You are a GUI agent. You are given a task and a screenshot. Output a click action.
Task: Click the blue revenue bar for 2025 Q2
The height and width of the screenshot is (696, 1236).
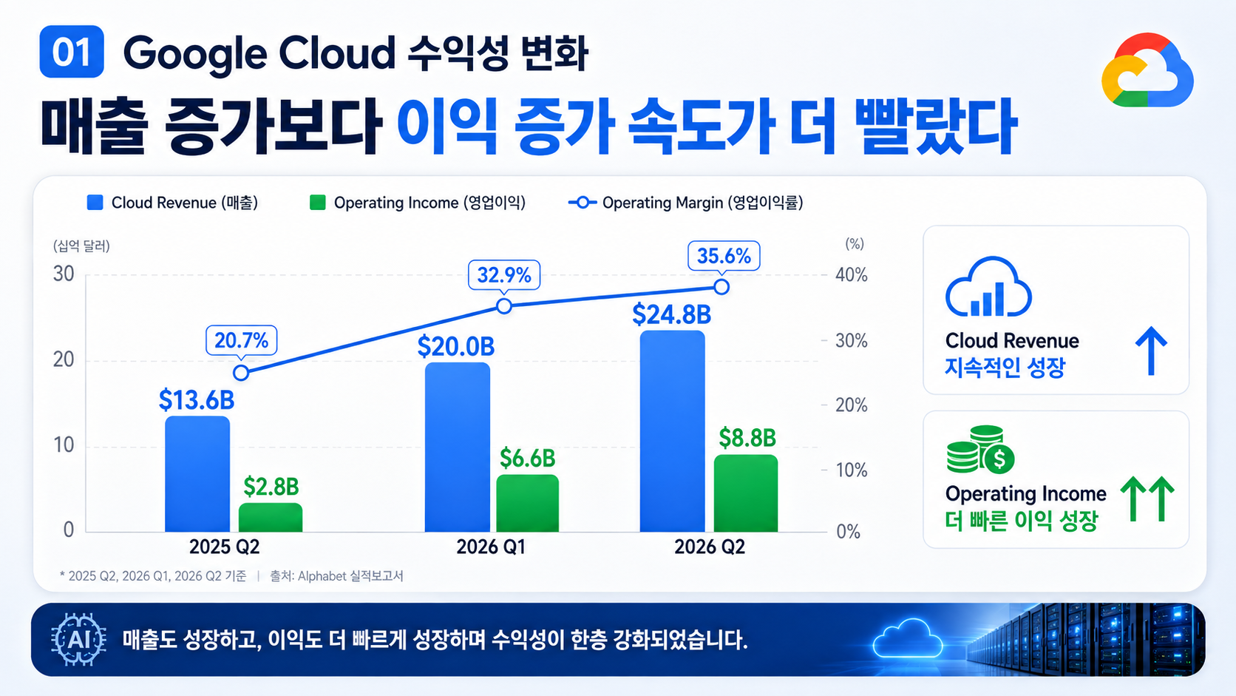197,473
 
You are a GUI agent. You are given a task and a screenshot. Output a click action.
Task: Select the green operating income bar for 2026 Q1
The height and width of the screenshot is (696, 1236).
528,503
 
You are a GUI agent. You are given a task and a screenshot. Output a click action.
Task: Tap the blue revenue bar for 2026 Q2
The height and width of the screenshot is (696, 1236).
672,431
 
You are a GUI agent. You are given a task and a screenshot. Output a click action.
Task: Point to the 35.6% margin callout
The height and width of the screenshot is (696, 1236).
724,256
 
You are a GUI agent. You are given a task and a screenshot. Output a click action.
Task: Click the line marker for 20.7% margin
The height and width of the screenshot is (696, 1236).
241,373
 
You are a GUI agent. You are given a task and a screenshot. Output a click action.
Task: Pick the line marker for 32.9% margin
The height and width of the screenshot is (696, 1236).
503,306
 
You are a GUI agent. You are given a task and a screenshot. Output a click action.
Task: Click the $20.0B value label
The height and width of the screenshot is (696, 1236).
456,347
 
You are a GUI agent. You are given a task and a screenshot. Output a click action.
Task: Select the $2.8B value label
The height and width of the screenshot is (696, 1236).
271,487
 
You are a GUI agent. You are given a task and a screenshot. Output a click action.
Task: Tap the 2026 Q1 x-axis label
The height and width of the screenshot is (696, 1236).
491,547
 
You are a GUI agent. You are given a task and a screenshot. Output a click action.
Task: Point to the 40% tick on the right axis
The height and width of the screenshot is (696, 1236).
852,275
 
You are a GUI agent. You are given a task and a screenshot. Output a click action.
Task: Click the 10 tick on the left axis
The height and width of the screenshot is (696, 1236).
64,445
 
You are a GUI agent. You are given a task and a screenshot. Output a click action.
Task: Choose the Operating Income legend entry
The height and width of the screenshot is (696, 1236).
418,203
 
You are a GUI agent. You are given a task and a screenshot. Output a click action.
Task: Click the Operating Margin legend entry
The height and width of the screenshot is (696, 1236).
686,203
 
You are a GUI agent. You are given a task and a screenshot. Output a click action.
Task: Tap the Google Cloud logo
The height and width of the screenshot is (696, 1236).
1148,70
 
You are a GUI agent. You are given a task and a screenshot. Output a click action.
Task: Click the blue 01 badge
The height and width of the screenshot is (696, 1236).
72,51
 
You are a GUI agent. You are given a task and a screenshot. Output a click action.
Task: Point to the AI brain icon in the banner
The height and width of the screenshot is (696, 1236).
79,639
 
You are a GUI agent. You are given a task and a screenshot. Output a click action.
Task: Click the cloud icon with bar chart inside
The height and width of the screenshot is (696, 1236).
988,286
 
